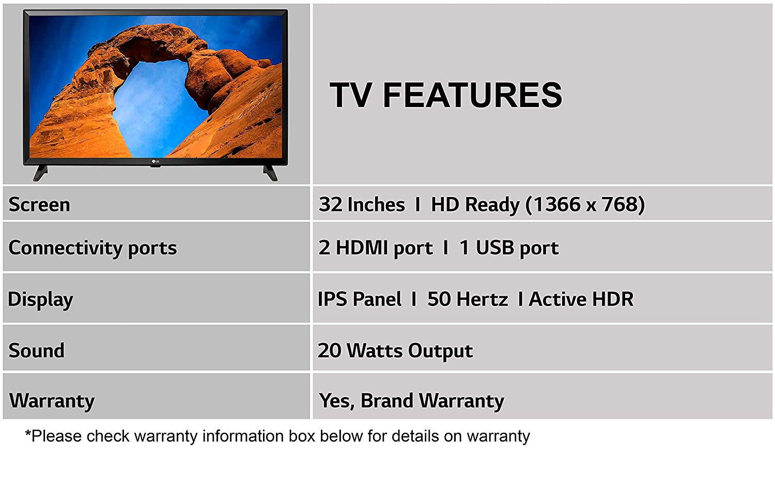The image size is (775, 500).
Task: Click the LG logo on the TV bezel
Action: coord(156,161)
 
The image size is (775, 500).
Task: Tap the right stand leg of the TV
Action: coord(270,173)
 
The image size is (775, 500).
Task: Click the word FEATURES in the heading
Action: coord(473,95)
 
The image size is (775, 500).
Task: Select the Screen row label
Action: coord(39,204)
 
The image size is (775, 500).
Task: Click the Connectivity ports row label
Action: coord(92,248)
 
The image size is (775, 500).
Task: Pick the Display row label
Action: coord(40,299)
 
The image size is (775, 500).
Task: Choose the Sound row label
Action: coord(36,351)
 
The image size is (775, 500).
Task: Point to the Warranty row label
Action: coord(52,401)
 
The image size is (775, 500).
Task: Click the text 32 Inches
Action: coord(362,204)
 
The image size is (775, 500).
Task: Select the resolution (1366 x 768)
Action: coord(585,204)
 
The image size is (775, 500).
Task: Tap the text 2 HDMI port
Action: coord(376,248)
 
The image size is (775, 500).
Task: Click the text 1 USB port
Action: coord(509,248)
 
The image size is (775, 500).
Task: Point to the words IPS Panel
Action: coord(360,299)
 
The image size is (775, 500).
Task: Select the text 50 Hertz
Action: coord(468,299)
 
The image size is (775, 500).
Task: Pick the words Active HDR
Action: coord(581,299)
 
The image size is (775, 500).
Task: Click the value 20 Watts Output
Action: coord(395,351)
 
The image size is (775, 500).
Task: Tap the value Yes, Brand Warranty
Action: coord(411,401)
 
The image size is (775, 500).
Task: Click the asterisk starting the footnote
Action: coord(28,433)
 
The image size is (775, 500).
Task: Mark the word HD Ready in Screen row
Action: coord(475,205)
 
